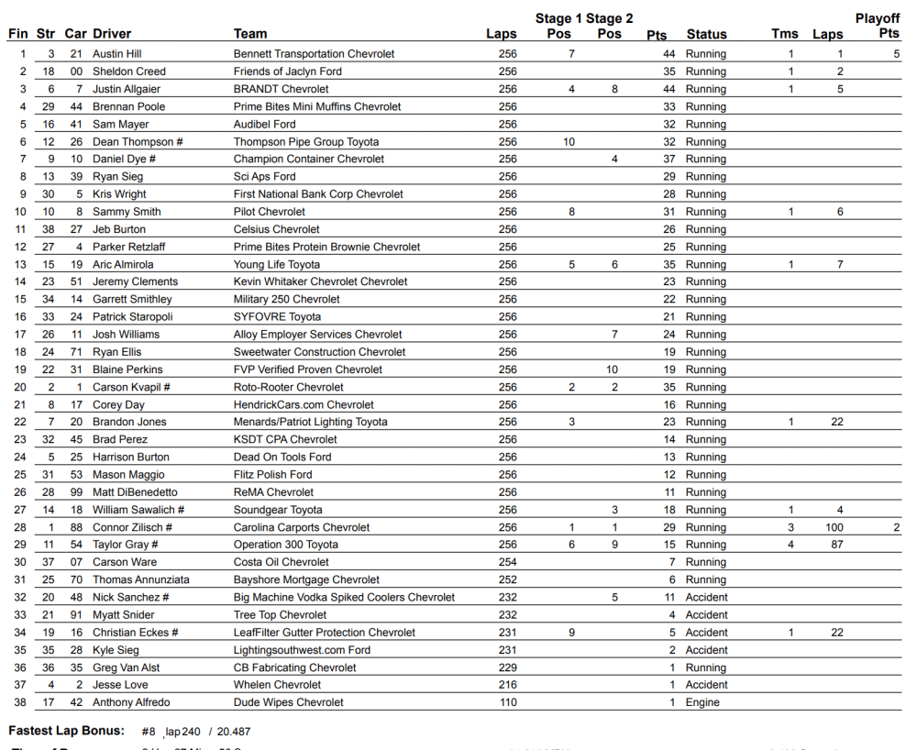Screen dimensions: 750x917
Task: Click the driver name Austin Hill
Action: click(116, 54)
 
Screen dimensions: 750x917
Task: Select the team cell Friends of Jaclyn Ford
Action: click(287, 72)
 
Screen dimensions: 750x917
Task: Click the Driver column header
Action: click(112, 34)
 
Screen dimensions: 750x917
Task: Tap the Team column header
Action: click(250, 34)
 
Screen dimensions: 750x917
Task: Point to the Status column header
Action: click(706, 34)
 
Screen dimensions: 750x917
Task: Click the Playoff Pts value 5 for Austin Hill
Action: click(896, 54)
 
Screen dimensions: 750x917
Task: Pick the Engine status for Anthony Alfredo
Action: click(702, 702)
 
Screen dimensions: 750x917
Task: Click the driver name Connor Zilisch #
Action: click(132, 527)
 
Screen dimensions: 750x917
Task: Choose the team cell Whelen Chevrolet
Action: click(277, 685)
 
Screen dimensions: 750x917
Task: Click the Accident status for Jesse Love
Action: click(706, 685)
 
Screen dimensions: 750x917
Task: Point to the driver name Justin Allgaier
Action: click(127, 89)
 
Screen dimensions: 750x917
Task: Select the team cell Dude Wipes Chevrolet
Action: click(288, 702)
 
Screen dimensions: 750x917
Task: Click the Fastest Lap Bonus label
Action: click(66, 731)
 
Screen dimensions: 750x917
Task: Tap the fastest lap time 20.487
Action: click(233, 732)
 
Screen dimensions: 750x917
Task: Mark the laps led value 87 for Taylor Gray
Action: click(837, 545)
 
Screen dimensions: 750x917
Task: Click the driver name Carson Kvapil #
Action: click(131, 387)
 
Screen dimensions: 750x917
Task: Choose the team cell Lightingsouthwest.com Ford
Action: click(302, 650)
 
